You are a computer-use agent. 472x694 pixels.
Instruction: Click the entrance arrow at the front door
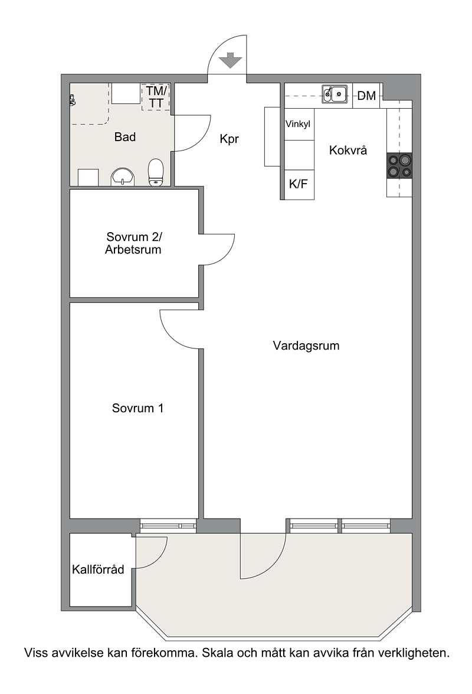click(x=230, y=60)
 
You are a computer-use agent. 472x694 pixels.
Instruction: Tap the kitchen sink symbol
click(x=334, y=94)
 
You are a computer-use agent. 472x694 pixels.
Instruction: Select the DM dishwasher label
click(x=366, y=95)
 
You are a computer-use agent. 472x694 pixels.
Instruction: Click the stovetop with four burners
click(x=399, y=165)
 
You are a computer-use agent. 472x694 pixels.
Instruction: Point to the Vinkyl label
click(x=298, y=124)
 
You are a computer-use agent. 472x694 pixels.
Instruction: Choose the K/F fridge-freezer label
click(x=299, y=184)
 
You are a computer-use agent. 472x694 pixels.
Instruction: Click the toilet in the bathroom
click(x=156, y=172)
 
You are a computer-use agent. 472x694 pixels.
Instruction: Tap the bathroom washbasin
click(x=123, y=177)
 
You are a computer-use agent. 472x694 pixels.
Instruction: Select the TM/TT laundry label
click(x=156, y=97)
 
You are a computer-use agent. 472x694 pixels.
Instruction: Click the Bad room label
click(x=125, y=137)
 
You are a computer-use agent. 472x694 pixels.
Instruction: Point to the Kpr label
click(x=230, y=139)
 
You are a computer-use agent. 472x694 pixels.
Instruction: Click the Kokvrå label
click(x=348, y=151)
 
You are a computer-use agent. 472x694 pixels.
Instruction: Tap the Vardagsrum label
click(x=306, y=346)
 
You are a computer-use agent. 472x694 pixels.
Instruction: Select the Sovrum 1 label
click(x=138, y=408)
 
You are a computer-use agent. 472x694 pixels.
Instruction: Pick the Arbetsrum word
click(x=133, y=250)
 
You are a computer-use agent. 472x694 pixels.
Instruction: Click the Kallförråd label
click(x=98, y=569)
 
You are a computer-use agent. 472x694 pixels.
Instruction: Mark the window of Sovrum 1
click(x=168, y=525)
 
